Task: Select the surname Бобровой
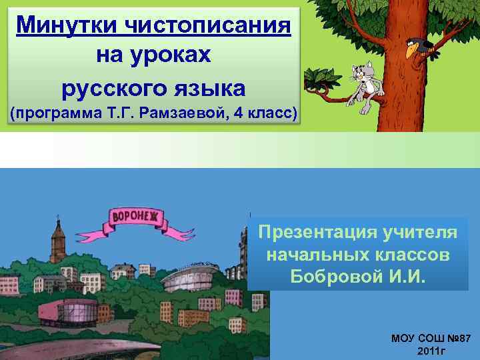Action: tap(332, 276)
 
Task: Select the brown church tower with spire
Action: tap(58, 240)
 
